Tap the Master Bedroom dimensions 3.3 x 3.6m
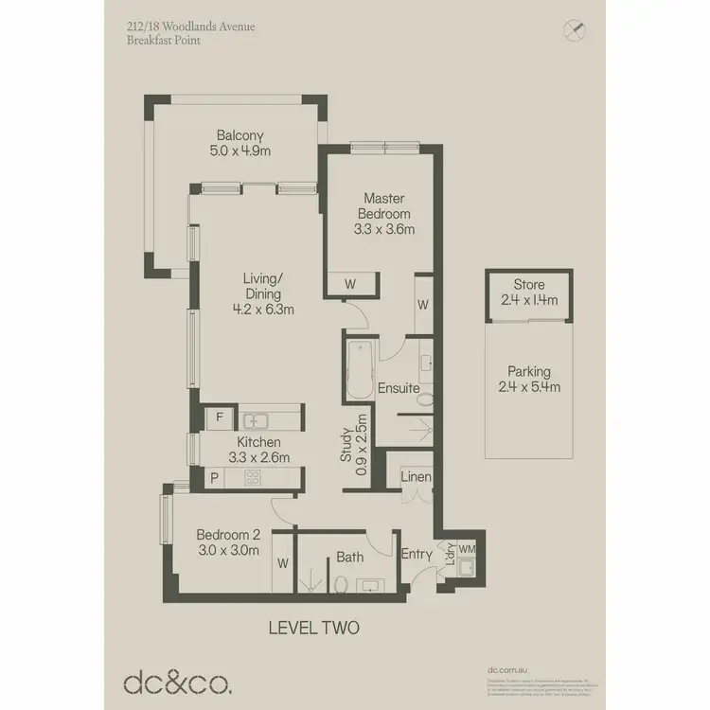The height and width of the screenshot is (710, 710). click(384, 228)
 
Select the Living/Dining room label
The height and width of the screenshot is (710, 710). click(263, 293)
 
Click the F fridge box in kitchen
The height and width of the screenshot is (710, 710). click(220, 417)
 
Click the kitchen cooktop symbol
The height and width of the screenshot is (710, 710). click(254, 479)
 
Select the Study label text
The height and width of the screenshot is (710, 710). click(347, 440)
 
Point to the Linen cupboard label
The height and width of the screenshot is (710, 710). click(416, 477)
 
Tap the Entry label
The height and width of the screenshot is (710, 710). click(416, 555)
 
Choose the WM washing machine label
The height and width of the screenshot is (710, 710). click(468, 548)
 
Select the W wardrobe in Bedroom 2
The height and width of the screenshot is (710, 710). click(283, 563)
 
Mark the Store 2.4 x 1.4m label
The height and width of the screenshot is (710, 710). click(529, 293)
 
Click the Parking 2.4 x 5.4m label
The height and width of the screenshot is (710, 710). click(528, 379)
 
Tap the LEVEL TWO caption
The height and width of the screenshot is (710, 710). click(313, 627)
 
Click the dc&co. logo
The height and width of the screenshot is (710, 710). click(176, 682)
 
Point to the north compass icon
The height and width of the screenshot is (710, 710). click(572, 30)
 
